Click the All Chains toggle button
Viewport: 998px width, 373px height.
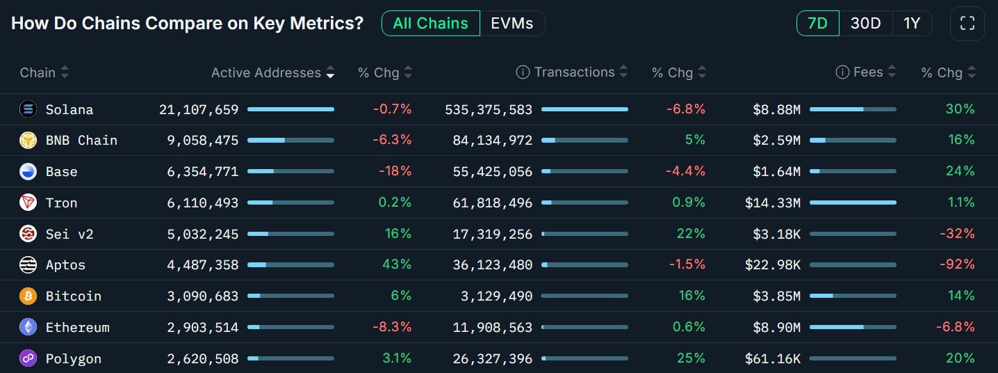click(x=430, y=24)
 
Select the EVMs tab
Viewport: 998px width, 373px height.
click(x=512, y=24)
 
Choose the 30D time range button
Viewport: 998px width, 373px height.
click(x=865, y=24)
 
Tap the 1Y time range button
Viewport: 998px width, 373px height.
click(x=912, y=24)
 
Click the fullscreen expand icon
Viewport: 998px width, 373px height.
click(x=967, y=24)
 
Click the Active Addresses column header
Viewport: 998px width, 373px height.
click(x=265, y=72)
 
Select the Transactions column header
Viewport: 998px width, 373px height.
click(x=574, y=72)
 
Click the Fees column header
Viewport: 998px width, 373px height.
click(x=869, y=72)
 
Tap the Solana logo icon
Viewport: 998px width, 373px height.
click(x=28, y=109)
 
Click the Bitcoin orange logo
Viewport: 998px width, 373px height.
click(x=28, y=296)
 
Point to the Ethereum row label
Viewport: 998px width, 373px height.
click(x=77, y=328)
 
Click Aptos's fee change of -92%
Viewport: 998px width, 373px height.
click(x=960, y=265)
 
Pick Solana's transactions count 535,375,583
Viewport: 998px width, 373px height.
click(x=488, y=110)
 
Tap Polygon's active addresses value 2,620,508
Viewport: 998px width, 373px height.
click(x=202, y=359)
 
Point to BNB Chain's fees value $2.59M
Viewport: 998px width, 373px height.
click(x=776, y=141)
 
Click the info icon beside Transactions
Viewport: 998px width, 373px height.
click(x=523, y=72)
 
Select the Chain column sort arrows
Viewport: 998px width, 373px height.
click(x=65, y=72)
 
